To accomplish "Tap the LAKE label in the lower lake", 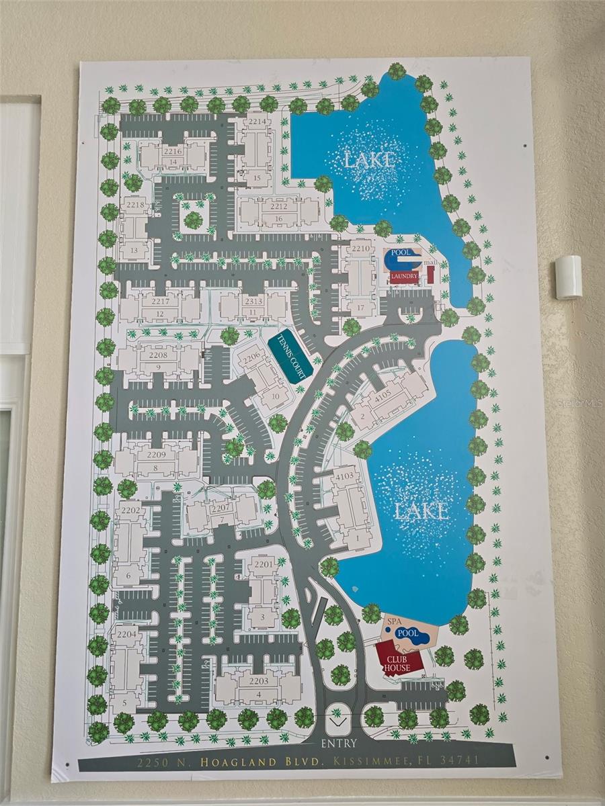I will pyautogui.click(x=421, y=512).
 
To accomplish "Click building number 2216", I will pyautogui.click(x=173, y=152).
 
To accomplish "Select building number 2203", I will pyautogui.click(x=259, y=680).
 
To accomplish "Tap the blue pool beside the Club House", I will pyautogui.click(x=408, y=633).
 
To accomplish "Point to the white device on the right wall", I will pyautogui.click(x=568, y=277).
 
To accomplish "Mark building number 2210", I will pyautogui.click(x=361, y=249).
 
